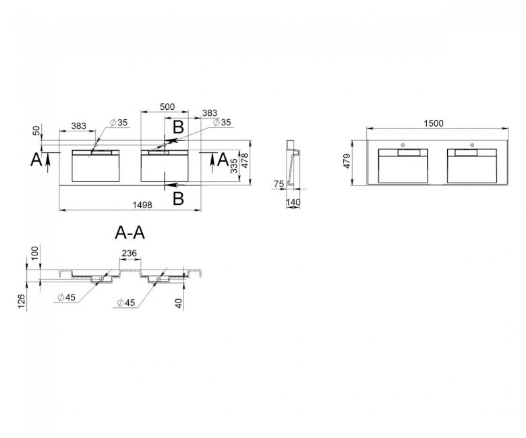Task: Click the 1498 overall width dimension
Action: (142, 204)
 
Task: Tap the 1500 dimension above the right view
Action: (434, 123)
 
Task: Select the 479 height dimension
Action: (347, 161)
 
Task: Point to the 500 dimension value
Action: (167, 106)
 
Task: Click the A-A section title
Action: (130, 232)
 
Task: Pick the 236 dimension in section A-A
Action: (129, 253)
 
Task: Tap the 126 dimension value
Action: (22, 303)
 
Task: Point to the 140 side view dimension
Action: (293, 202)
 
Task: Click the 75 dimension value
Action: (279, 184)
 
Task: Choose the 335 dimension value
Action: (235, 166)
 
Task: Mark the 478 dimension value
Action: (245, 160)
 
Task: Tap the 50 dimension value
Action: (36, 130)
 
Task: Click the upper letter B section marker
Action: (179, 127)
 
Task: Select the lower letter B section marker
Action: (179, 198)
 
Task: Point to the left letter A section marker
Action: (36, 159)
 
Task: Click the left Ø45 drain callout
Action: (66, 297)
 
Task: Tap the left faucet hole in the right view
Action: (403, 145)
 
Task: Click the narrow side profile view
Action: (293, 164)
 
